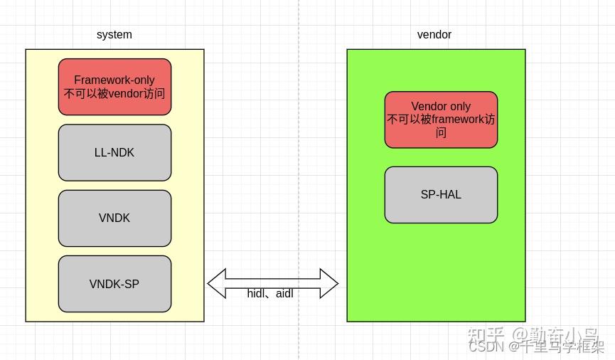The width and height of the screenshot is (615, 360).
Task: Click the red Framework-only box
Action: coord(114,87)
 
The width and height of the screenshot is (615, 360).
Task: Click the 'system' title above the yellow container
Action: coord(114,34)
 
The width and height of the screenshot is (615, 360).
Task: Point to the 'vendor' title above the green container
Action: coord(434,34)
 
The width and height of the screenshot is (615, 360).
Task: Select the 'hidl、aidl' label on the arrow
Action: coord(270,293)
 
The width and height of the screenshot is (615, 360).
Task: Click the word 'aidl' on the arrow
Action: coord(284,293)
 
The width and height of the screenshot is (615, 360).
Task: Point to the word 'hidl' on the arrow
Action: coord(257,293)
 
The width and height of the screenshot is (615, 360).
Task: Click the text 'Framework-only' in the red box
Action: coord(114,80)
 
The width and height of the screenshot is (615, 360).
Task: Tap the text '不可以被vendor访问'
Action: coord(114,94)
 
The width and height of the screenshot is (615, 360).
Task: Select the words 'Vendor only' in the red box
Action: coord(441,106)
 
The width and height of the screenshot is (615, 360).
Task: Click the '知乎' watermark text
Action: coord(486,334)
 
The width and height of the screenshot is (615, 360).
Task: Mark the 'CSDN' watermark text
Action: coord(486,346)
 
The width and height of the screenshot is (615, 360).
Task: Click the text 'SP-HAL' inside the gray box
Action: coord(441,194)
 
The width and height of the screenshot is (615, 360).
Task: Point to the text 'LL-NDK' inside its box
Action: coord(114,153)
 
